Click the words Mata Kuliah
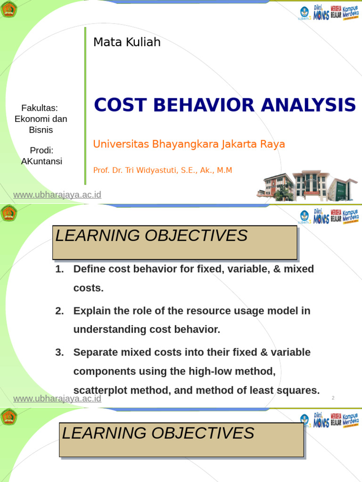coord(127,42)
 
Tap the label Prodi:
coord(41,151)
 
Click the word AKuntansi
coord(41,161)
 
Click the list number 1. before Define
coord(59,269)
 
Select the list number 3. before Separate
coord(59,353)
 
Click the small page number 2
coord(333,398)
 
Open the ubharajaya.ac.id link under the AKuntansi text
coord(57,195)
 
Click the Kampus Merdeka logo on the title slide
coord(351,13)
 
